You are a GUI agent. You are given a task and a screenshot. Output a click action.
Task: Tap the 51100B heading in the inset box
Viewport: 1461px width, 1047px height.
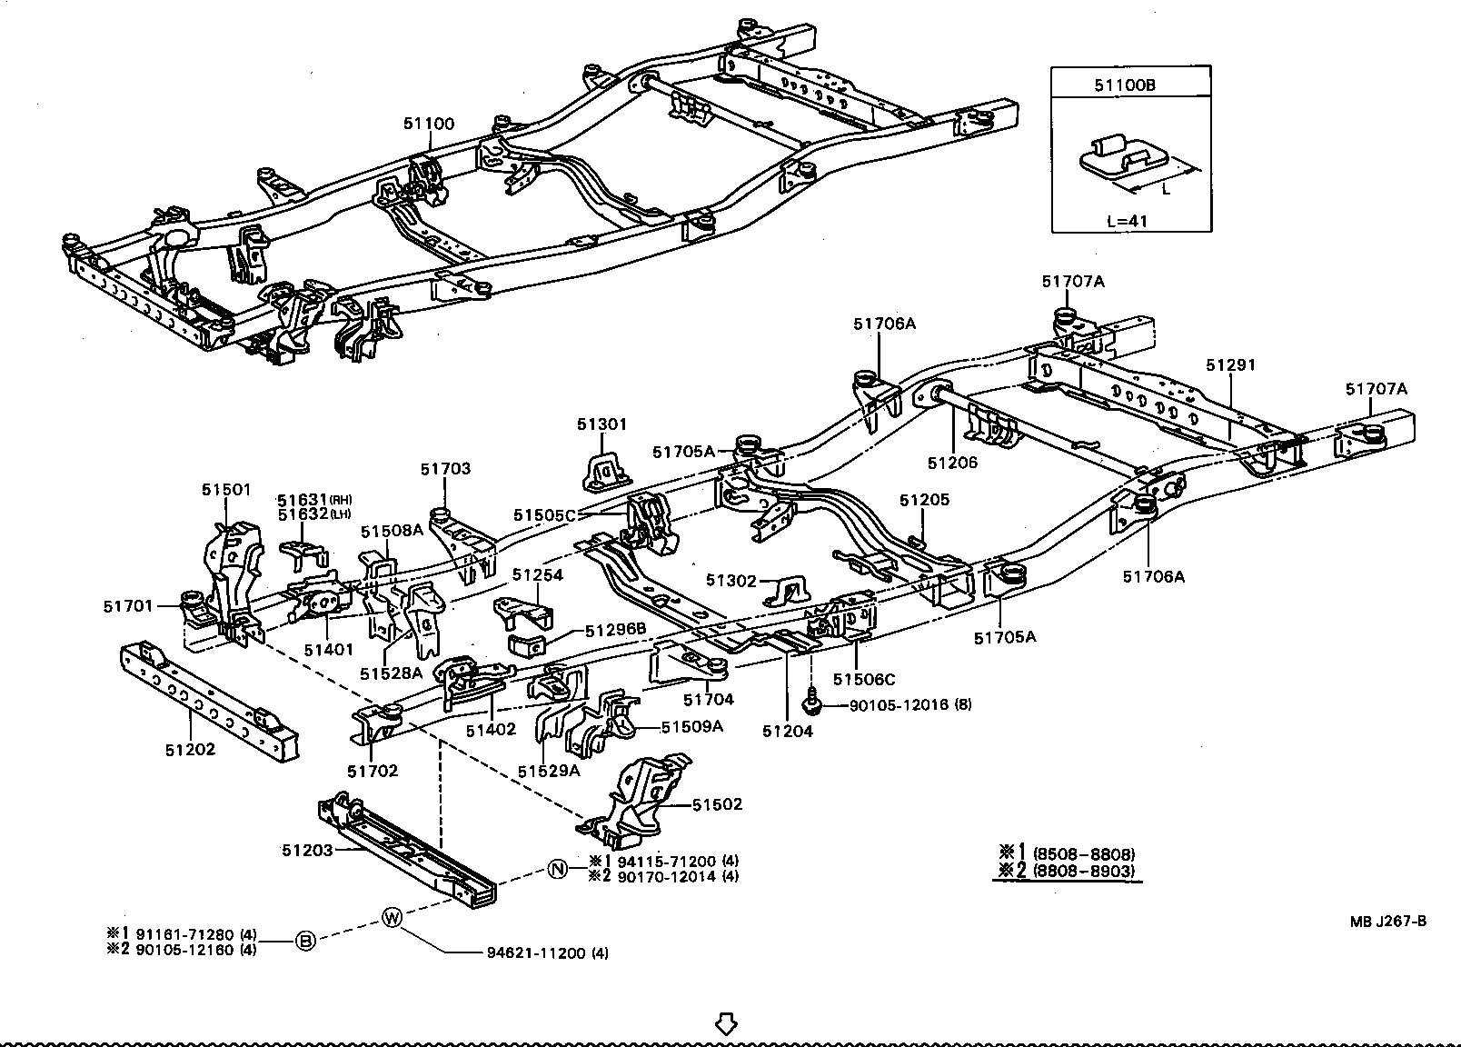coord(1130,86)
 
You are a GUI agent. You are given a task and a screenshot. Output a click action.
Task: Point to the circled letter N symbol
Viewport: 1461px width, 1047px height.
coord(558,869)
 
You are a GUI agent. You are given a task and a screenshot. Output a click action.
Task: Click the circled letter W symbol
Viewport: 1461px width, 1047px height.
coord(392,918)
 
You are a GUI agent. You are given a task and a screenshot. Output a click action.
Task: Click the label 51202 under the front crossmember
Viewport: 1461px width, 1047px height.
coord(191,750)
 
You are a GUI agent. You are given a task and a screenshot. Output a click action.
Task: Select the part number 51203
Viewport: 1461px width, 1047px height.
coord(307,850)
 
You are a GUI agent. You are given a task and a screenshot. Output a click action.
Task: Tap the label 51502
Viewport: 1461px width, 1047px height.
coord(717,804)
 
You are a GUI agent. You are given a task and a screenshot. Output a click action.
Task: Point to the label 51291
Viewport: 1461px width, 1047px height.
coord(1230,365)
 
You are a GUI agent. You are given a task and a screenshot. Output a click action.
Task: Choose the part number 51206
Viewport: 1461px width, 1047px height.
coord(952,463)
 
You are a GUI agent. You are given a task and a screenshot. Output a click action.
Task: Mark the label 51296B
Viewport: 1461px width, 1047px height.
coord(615,629)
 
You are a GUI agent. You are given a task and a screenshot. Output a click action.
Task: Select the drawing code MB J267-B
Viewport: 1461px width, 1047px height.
coord(1387,921)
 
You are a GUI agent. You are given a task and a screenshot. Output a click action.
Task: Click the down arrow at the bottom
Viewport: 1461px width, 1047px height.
coord(725,1024)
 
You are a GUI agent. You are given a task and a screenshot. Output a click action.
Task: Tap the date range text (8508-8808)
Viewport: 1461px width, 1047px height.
coord(1083,854)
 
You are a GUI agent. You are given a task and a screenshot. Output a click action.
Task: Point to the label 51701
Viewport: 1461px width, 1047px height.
coord(128,605)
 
